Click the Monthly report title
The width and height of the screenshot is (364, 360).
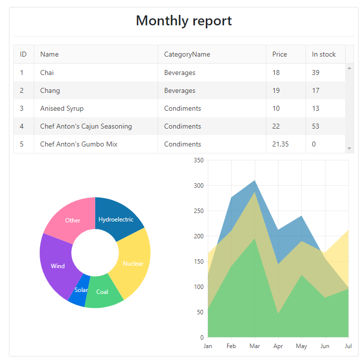[x=183, y=21]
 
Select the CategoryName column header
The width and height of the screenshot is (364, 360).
[x=187, y=54]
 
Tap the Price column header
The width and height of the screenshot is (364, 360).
[x=280, y=54]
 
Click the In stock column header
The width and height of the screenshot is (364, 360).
[x=324, y=54]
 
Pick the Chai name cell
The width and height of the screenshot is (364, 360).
[x=47, y=72]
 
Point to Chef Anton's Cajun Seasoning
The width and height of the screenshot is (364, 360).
[x=86, y=126]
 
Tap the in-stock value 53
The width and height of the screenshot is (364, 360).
[x=316, y=126]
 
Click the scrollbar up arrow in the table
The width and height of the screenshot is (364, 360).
[x=350, y=68]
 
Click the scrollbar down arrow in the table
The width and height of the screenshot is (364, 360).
[x=350, y=148]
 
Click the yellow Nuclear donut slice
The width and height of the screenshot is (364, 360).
[x=133, y=263]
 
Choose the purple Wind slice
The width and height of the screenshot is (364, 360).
[x=57, y=266]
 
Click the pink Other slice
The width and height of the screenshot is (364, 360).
[x=72, y=219]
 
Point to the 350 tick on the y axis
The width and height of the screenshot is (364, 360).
[x=198, y=160]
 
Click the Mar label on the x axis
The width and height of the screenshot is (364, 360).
[x=255, y=346]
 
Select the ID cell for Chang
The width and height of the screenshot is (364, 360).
[x=22, y=90]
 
